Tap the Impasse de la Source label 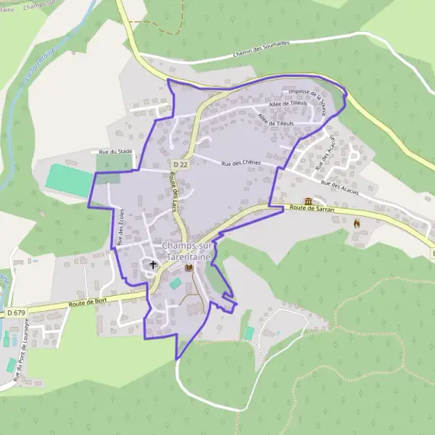click(307, 100)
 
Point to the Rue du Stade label click(115, 152)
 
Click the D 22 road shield click(181, 166)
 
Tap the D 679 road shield click(16, 312)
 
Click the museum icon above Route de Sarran click(308, 200)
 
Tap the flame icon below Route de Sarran click(356, 224)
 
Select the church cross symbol click(153, 265)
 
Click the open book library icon click(189, 268)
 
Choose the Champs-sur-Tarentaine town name click(187, 251)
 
